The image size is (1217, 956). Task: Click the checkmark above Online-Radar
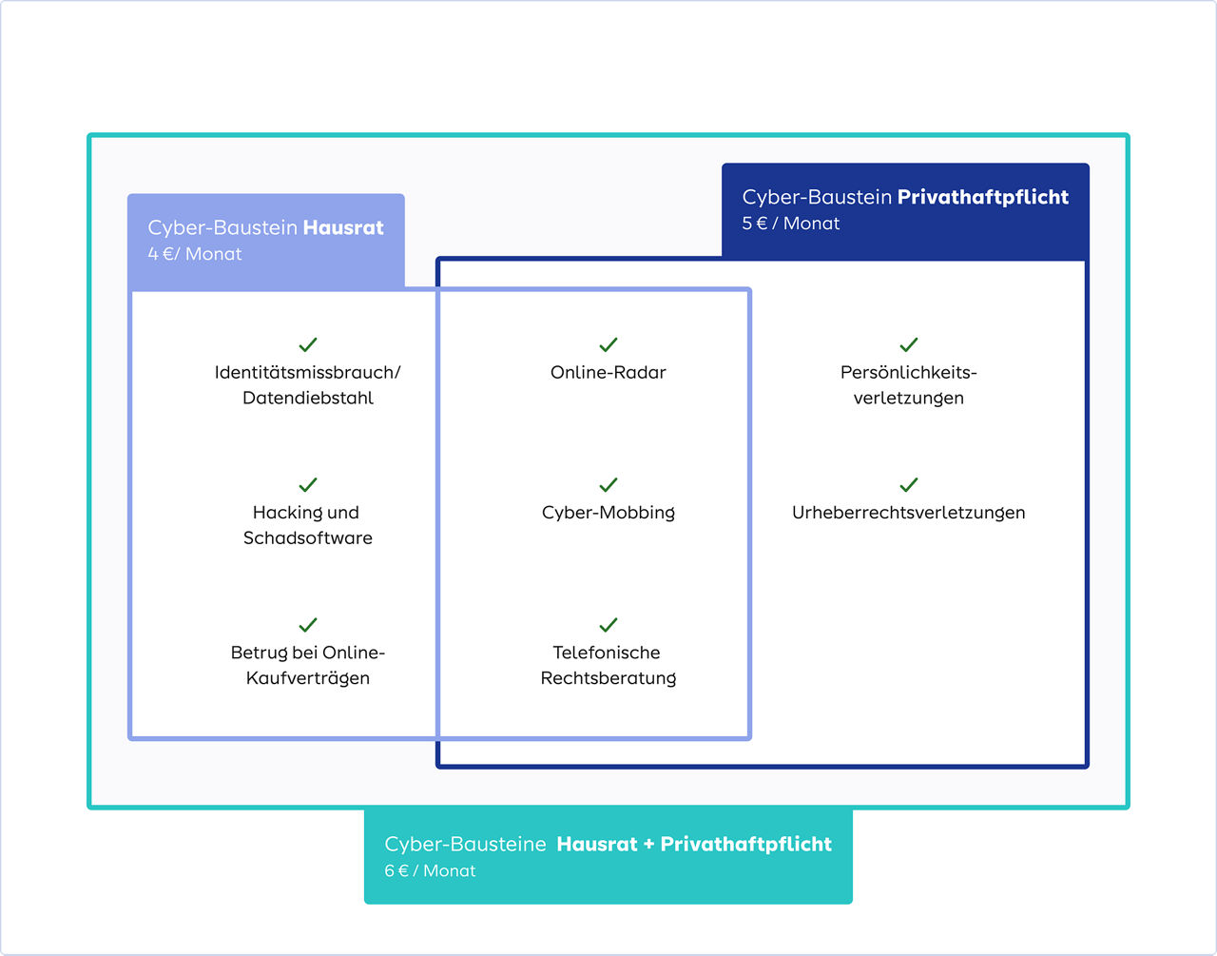pos(608,344)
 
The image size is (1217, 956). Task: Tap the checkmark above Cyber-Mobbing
pos(608,484)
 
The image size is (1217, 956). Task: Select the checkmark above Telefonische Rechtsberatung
pos(608,625)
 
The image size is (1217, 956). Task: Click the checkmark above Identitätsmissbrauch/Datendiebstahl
pos(308,344)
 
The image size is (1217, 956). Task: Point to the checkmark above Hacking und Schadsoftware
pos(308,484)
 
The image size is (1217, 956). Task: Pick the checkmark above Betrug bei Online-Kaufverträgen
pos(308,625)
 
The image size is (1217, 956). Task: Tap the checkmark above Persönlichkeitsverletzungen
pos(909,344)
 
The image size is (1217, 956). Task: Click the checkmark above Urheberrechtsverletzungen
pos(909,484)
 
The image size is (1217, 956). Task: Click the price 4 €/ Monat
pos(195,254)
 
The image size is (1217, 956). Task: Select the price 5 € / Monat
pos(791,224)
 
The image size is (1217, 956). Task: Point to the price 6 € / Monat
pos(430,870)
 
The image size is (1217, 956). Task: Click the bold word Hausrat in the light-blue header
pos(343,227)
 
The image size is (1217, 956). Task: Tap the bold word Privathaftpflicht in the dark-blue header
pos(983,197)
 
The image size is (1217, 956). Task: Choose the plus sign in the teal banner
pos(648,844)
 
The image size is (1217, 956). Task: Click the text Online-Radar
pos(608,373)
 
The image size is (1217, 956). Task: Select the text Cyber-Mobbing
pos(608,513)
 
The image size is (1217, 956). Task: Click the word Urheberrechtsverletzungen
pos(909,513)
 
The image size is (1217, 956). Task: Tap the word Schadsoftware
pos(308,538)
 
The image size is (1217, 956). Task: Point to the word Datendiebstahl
pos(308,399)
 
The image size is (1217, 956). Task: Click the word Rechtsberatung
pos(608,678)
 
